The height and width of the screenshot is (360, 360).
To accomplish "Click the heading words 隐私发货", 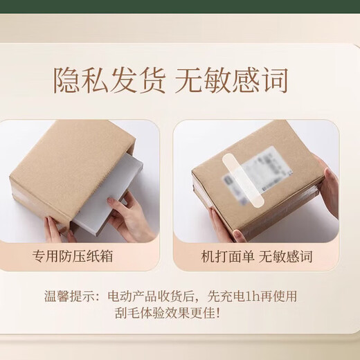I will [x=109, y=80].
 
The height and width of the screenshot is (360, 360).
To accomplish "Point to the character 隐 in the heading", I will [x=66, y=80].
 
